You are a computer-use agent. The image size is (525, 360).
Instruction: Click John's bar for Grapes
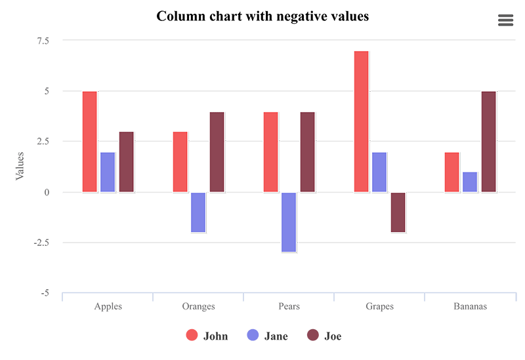[x=362, y=121]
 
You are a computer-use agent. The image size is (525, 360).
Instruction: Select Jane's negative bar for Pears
[x=289, y=222]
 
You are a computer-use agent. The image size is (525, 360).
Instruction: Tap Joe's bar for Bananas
[x=488, y=142]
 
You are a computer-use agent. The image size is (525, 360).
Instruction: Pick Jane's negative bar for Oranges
[x=198, y=212]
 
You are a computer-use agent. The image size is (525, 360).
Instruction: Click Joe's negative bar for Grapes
[x=398, y=212]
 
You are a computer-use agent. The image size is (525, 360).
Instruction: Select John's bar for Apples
[x=90, y=142]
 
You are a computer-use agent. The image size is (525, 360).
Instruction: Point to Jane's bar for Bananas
[x=470, y=182]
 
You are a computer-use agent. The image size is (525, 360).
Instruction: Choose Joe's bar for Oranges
[x=217, y=151]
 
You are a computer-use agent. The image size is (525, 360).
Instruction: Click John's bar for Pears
[x=271, y=151]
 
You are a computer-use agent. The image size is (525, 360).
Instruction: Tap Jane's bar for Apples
[x=108, y=172]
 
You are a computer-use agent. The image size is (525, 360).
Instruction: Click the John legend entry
[x=207, y=336]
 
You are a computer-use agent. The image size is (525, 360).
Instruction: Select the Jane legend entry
[x=268, y=336]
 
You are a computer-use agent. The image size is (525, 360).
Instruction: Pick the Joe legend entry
[x=325, y=336]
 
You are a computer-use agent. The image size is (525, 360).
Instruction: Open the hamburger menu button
[x=505, y=20]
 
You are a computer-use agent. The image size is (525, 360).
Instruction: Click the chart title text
[x=262, y=16]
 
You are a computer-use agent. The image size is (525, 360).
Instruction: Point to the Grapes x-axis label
[x=379, y=306]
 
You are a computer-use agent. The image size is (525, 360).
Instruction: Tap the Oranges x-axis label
[x=198, y=306]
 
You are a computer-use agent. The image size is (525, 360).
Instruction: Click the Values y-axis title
[x=20, y=166]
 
